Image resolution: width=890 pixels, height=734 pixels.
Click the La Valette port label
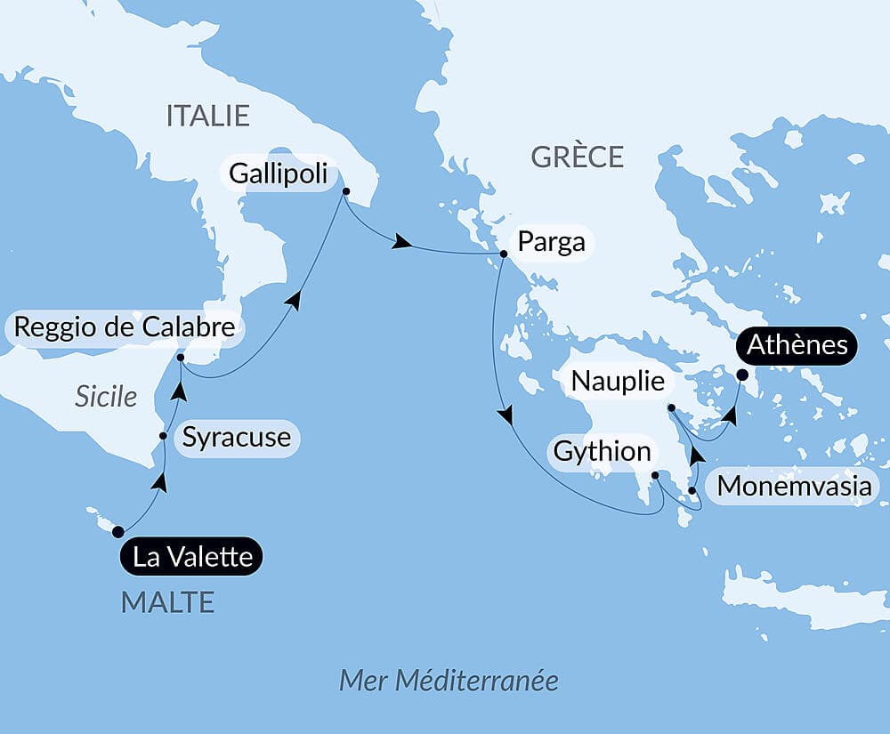point(192,557)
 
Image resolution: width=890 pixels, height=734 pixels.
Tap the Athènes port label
point(797,344)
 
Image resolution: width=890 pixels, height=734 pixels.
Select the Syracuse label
point(236,437)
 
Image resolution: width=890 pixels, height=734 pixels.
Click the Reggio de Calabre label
point(125,327)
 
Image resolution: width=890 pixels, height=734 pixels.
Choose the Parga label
point(552,242)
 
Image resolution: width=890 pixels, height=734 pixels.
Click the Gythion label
point(603,451)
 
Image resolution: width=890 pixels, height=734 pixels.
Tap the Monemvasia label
point(795,487)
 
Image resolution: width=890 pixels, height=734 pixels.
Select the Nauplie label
point(619,381)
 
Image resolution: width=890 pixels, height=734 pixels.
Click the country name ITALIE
point(207,115)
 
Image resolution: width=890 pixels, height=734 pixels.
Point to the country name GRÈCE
point(577,157)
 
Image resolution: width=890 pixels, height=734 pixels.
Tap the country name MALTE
point(167,602)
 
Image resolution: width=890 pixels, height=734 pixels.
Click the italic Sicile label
point(106,396)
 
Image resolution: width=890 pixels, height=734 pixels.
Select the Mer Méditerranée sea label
point(449,681)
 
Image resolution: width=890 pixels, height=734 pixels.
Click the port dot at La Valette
point(117,532)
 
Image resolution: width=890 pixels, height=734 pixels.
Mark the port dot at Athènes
point(742,375)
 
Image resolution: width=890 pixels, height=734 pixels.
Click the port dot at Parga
point(503,254)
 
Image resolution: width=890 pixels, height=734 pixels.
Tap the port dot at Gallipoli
point(345,190)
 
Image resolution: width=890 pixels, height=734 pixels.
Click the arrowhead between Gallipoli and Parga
point(402,242)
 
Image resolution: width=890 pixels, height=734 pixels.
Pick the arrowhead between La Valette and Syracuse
point(159,481)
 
